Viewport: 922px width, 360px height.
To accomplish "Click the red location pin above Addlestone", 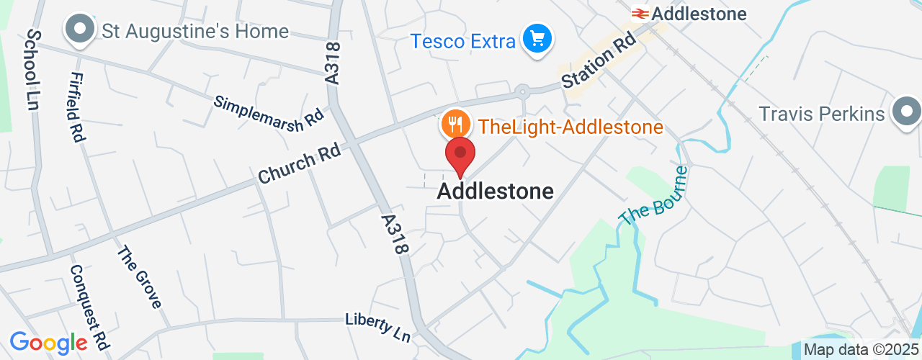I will (x=460, y=155).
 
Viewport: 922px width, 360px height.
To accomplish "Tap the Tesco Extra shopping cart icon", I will (x=537, y=38).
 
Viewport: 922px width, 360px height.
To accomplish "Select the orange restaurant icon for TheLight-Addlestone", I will (x=455, y=125).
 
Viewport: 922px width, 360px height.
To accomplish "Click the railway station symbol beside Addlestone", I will (x=639, y=13).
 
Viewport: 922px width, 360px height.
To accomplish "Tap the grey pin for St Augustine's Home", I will (x=81, y=30).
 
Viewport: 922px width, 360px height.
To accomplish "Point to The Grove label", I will (x=140, y=277).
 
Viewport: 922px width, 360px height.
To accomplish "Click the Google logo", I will (x=48, y=343).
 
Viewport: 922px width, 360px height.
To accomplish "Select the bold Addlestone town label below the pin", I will (x=496, y=191).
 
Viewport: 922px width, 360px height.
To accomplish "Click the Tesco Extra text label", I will (x=463, y=41).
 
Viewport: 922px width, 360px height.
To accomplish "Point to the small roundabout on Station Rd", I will (x=523, y=92).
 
